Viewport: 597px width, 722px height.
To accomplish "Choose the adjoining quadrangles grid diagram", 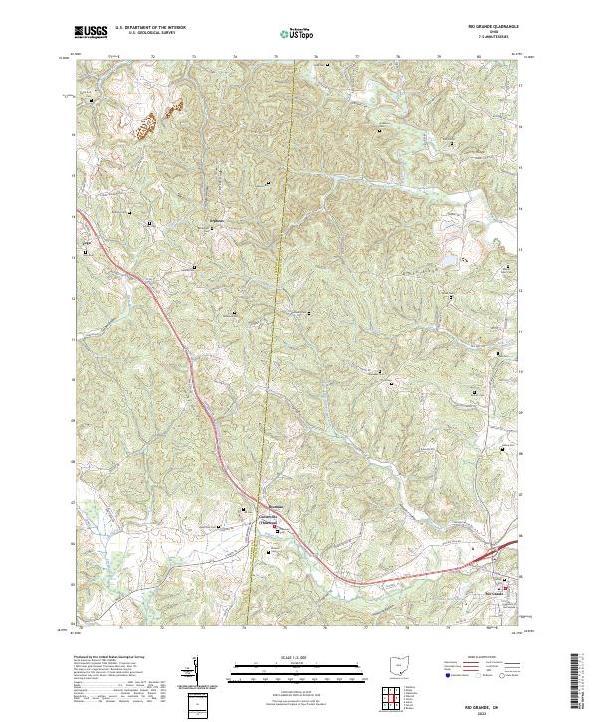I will tap(391, 699).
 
